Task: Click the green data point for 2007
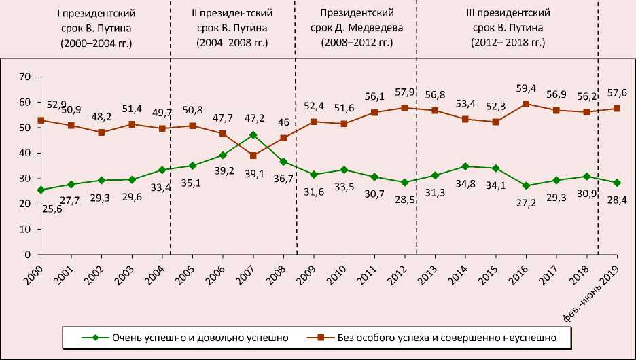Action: (x=253, y=134)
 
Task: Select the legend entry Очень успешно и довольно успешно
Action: (x=185, y=336)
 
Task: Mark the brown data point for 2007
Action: (x=253, y=156)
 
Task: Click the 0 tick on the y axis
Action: (x=27, y=255)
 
